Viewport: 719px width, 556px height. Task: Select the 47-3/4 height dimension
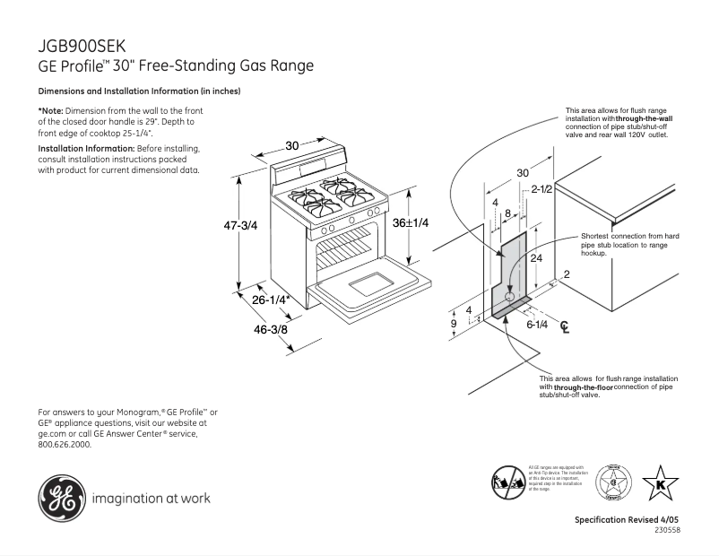(240, 226)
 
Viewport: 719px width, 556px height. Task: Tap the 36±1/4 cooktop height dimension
(411, 222)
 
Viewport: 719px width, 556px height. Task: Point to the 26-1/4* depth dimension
(272, 301)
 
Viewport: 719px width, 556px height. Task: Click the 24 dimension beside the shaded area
(536, 258)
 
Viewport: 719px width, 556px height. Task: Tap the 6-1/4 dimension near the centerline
(537, 325)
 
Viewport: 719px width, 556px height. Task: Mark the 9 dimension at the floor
(454, 324)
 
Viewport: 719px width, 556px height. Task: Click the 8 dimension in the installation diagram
(507, 213)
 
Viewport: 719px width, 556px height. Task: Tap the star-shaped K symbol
(662, 485)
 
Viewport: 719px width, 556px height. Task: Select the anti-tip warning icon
(508, 482)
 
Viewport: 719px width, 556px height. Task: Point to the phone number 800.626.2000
(65, 444)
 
